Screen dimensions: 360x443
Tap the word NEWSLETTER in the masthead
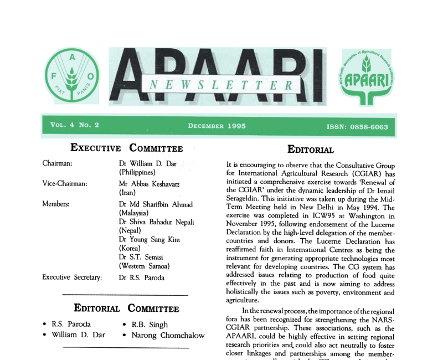(221, 85)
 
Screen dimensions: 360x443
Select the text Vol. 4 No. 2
(75, 125)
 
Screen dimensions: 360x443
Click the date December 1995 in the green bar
(216, 126)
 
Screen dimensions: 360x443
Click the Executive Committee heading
(126, 147)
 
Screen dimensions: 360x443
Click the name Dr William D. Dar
(147, 163)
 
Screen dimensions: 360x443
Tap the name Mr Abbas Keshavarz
(149, 183)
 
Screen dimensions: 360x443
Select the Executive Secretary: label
(72, 277)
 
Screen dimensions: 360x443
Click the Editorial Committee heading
(126, 308)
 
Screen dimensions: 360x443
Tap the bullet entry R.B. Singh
(150, 324)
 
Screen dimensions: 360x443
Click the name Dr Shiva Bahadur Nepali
(156, 222)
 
